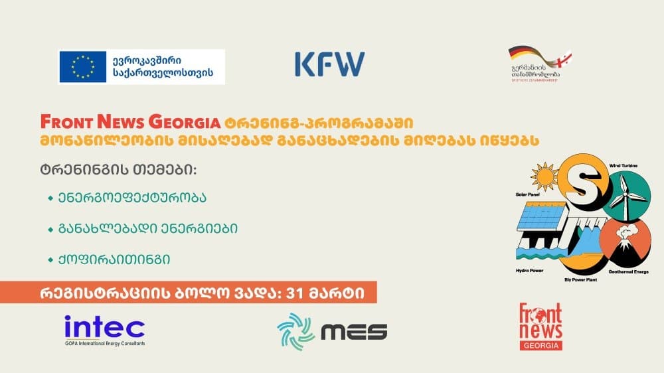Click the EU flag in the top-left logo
(x=83, y=66)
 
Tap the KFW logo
(x=329, y=64)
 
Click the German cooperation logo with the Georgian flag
(x=540, y=64)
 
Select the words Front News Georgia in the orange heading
(x=130, y=123)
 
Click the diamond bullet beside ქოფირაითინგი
(x=50, y=259)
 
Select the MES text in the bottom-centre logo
(x=354, y=331)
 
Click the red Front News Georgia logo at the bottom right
(x=540, y=326)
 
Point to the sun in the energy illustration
(x=544, y=178)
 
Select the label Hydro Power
(x=530, y=271)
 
